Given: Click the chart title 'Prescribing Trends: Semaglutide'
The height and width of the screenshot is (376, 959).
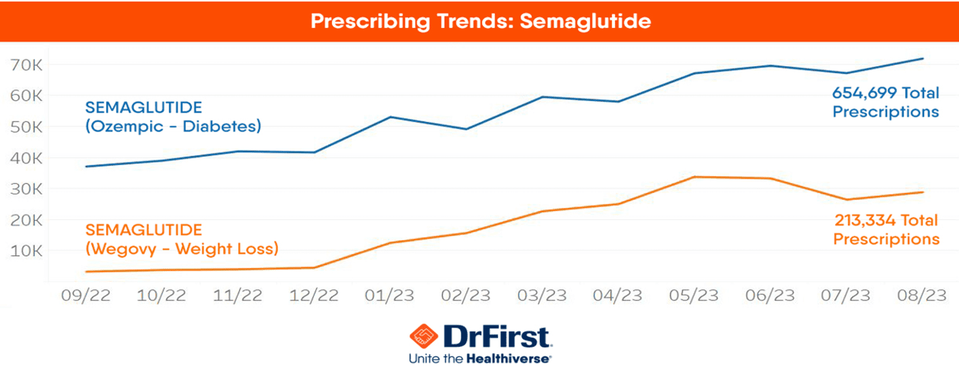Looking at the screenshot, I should click(480, 21).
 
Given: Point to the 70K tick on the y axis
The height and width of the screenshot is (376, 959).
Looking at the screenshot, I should click(28, 65).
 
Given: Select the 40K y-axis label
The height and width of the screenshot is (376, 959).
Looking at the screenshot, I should click(28, 158).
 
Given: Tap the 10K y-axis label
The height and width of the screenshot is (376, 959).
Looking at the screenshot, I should click(28, 250).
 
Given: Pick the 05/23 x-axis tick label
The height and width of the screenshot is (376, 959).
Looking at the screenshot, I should click(694, 297).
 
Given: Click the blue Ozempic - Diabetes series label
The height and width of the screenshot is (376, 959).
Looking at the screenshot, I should click(173, 117).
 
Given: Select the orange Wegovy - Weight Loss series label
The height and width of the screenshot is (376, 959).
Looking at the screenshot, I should click(182, 239).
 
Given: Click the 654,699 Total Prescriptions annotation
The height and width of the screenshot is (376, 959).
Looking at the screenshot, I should click(885, 102).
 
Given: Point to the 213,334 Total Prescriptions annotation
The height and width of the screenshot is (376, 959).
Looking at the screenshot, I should click(886, 230).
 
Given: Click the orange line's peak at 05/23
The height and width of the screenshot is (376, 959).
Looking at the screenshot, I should click(694, 177).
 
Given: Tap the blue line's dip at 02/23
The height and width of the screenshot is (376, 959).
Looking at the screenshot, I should click(466, 129).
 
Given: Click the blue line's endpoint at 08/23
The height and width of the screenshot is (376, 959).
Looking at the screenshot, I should click(923, 59).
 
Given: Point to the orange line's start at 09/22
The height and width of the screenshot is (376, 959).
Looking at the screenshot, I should click(86, 272).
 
